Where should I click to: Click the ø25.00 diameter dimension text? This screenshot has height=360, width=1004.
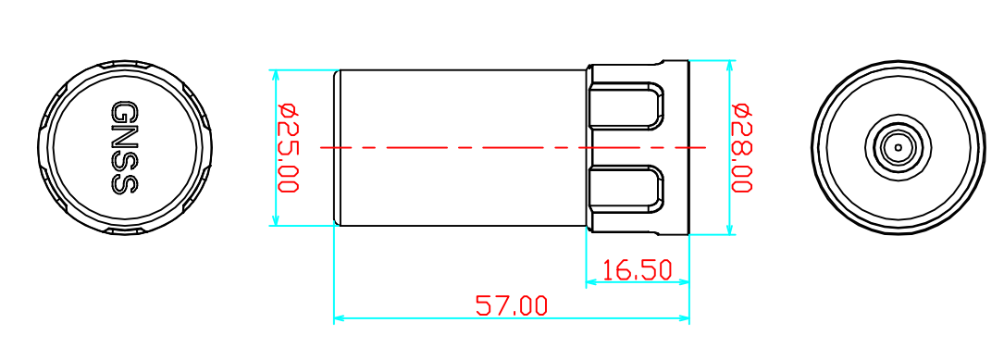[x=288, y=148]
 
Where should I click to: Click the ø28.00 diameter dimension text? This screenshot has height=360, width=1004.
[x=741, y=148]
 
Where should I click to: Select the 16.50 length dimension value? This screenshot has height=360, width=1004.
[x=638, y=270]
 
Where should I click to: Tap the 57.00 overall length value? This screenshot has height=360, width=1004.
[x=512, y=305]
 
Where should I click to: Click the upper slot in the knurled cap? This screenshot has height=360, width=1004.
[x=626, y=106]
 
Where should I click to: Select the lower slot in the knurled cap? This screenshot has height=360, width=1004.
[x=626, y=190]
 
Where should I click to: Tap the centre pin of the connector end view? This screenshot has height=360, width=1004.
[x=898, y=147]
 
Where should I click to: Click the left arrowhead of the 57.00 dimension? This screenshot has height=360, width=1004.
[x=341, y=317]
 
